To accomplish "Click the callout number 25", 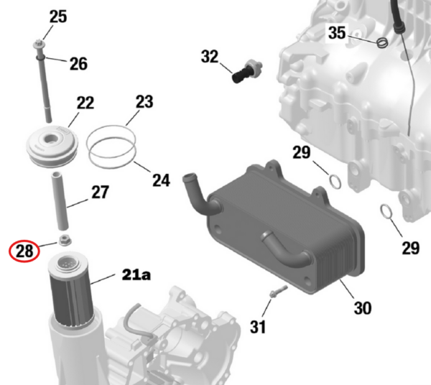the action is [x=58, y=17].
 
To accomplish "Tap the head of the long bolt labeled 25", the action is [x=37, y=44].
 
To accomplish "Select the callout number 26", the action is [x=78, y=64].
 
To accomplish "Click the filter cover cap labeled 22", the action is [x=52, y=146].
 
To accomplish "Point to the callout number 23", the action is [x=144, y=102].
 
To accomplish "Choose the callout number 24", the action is [x=161, y=180].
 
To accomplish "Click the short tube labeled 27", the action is [x=60, y=201].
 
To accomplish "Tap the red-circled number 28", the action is [x=24, y=251].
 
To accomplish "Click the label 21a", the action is [x=136, y=274].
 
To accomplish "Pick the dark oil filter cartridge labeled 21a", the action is [x=70, y=289].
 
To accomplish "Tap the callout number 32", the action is [x=210, y=57].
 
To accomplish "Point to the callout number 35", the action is [x=337, y=33].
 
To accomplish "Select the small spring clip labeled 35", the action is [x=382, y=43].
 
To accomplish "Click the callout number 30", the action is [x=363, y=307].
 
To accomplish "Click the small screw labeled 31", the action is [x=278, y=292].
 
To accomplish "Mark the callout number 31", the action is [x=258, y=327].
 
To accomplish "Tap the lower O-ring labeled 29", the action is [x=386, y=212].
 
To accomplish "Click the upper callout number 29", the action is [x=301, y=152].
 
